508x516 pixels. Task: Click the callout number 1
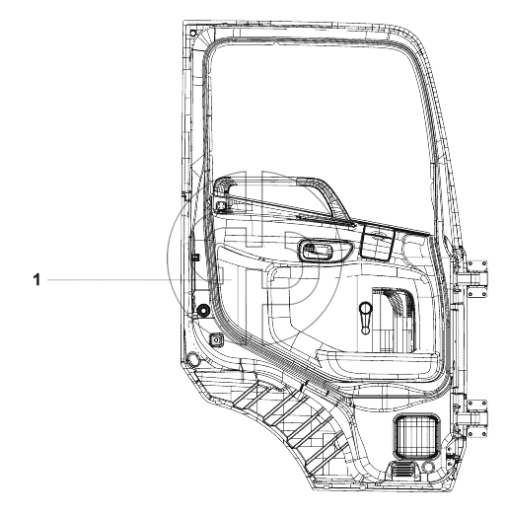[x=36, y=280]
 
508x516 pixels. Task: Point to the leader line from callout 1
[x=139, y=280]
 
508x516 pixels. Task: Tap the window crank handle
[x=366, y=318]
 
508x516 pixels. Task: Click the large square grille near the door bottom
[x=416, y=437]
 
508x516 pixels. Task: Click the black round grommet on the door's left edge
[x=202, y=310]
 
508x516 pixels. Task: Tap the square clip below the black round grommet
[x=216, y=339]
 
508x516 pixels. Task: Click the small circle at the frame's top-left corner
[x=193, y=33]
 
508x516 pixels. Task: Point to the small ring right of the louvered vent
[x=428, y=468]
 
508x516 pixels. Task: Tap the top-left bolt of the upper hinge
[x=471, y=264]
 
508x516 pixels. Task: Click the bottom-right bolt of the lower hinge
[x=483, y=434]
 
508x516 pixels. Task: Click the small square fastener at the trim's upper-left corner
[x=221, y=205]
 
